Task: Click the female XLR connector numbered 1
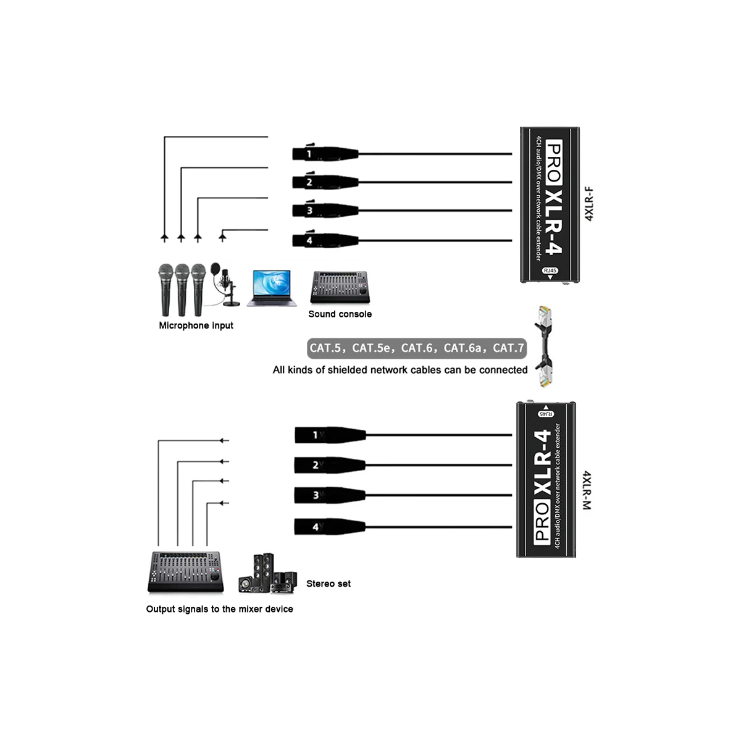pyautogui.click(x=325, y=153)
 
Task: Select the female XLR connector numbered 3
pyautogui.click(x=325, y=210)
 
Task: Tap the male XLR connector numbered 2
pyautogui.click(x=330, y=465)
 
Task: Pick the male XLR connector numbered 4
pyautogui.click(x=330, y=527)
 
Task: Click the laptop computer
pyautogui.click(x=272, y=288)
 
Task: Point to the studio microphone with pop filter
pyautogui.click(x=225, y=284)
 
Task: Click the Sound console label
pyautogui.click(x=340, y=314)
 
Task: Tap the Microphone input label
pyautogui.click(x=196, y=325)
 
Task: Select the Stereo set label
pyautogui.click(x=329, y=584)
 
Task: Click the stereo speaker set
pyautogui.click(x=268, y=574)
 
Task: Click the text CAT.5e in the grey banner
pyautogui.click(x=371, y=348)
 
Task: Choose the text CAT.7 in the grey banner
pyautogui.click(x=508, y=348)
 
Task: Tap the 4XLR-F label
pyautogui.click(x=588, y=204)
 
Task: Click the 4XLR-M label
pyautogui.click(x=587, y=490)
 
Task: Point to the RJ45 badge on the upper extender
pyautogui.click(x=550, y=270)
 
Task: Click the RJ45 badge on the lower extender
pyautogui.click(x=546, y=414)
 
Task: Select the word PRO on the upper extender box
pyautogui.click(x=553, y=164)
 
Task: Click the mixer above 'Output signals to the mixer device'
pyautogui.click(x=185, y=572)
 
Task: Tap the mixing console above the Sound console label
pyautogui.click(x=340, y=287)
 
